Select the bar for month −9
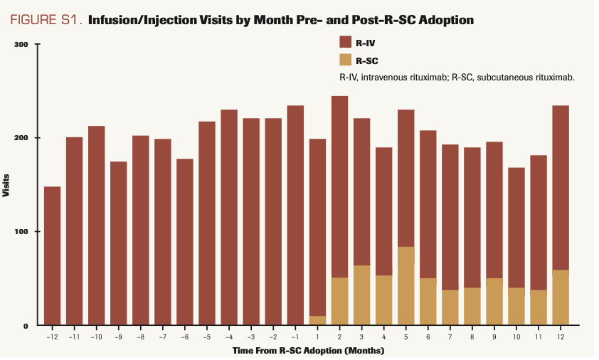tap(118, 242)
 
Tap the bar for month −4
tap(228, 217)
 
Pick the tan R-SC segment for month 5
tap(406, 285)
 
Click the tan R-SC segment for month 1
tap(317, 320)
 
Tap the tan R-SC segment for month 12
tap(561, 297)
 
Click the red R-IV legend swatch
tap(346, 42)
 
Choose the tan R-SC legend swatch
tap(346, 60)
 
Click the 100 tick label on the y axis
tap(20, 231)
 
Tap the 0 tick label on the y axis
tap(24, 325)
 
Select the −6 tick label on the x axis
tap(184, 336)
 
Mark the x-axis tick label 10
tap(516, 336)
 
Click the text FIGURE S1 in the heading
tap(47, 19)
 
